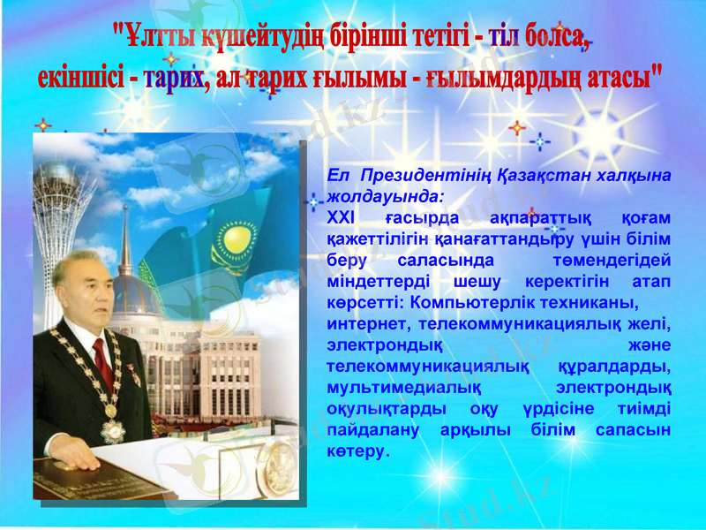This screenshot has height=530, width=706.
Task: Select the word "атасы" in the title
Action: coord(621,76)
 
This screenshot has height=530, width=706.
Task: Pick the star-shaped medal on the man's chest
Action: coord(113,430)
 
